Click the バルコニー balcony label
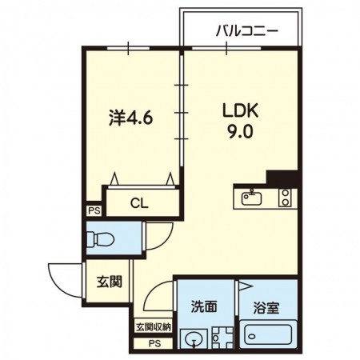tap(246, 32)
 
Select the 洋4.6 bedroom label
tap(130, 120)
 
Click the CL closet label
tap(140, 202)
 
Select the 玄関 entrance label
tap(110, 282)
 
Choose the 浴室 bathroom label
tap(266, 306)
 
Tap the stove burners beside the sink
tap(285, 197)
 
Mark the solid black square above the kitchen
tap(282, 178)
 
